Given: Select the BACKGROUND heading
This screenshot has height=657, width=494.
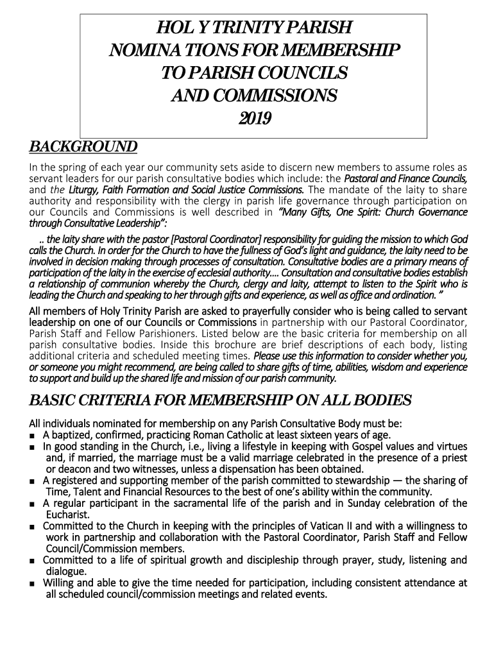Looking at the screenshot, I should (x=83, y=147).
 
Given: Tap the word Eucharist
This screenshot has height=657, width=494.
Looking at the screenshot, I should (x=67, y=515).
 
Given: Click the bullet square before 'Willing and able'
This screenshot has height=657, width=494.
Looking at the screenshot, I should (x=33, y=583).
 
